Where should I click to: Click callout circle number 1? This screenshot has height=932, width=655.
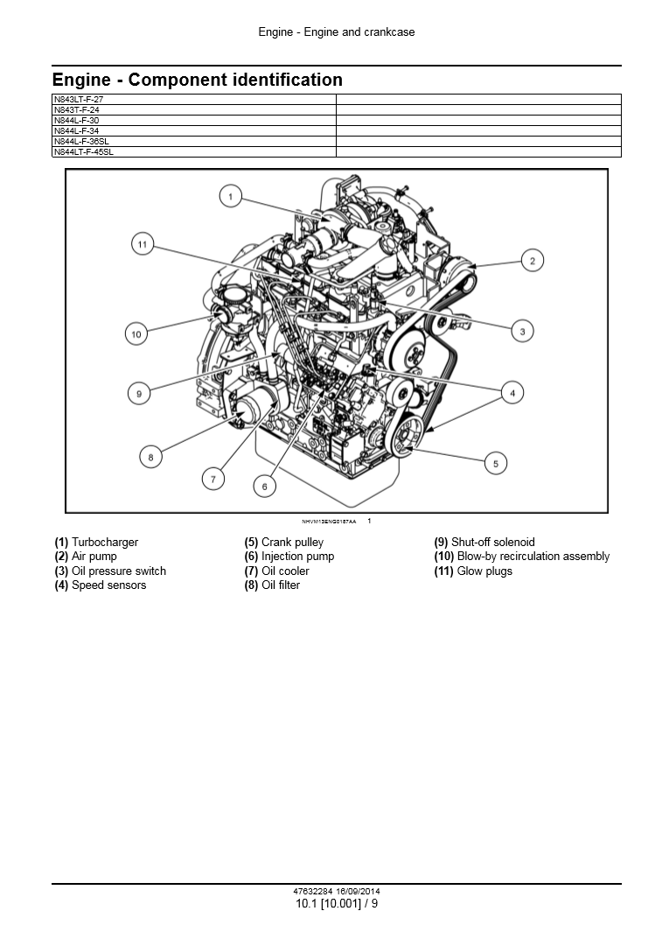230,197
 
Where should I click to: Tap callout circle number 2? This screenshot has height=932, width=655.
532,260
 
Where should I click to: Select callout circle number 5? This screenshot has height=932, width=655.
496,463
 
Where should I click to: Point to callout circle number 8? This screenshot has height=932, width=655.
150,456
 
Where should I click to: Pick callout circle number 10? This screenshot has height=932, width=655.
136,333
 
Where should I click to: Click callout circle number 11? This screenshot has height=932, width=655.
143,243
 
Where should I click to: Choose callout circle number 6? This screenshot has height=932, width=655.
264,486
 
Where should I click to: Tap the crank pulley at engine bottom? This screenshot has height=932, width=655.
406,438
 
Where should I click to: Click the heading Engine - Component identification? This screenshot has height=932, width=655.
198,80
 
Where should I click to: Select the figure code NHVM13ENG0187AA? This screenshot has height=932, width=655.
329,522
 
